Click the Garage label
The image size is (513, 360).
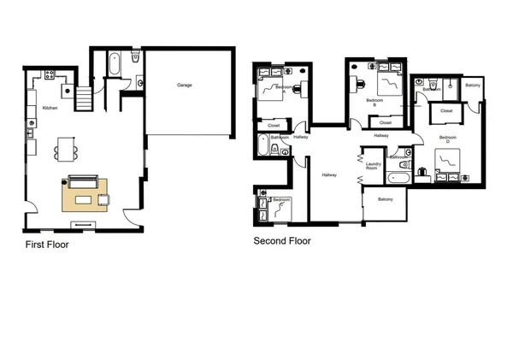coord(184,86)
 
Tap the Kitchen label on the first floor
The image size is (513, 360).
coord(50,108)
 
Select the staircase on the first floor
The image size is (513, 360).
coord(84,99)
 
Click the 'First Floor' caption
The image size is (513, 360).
coord(47,245)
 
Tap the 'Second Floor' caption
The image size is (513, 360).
coord(282,241)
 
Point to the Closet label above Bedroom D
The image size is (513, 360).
coord(446,111)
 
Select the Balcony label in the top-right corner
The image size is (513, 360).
coord(474,85)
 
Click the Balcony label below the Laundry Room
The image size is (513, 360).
coord(386,199)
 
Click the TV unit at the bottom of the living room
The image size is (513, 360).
coord(84,224)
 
